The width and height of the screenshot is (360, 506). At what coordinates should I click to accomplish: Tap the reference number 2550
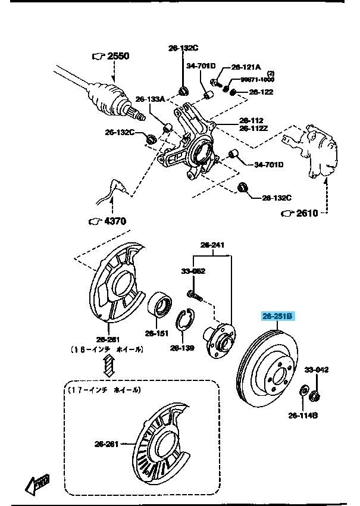point(118,56)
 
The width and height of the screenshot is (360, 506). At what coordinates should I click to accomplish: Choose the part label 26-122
point(261,92)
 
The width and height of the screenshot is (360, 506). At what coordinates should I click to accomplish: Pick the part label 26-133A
point(150,99)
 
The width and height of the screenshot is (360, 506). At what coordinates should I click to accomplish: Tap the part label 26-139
point(183,347)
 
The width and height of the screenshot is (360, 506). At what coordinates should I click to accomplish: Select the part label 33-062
point(193,271)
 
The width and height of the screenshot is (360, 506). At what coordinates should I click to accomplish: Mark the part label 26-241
point(212,244)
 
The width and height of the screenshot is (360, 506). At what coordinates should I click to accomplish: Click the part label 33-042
point(317,370)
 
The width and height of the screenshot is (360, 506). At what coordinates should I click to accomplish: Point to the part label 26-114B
point(303,415)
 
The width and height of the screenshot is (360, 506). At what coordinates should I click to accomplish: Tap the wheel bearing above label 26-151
point(161,305)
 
